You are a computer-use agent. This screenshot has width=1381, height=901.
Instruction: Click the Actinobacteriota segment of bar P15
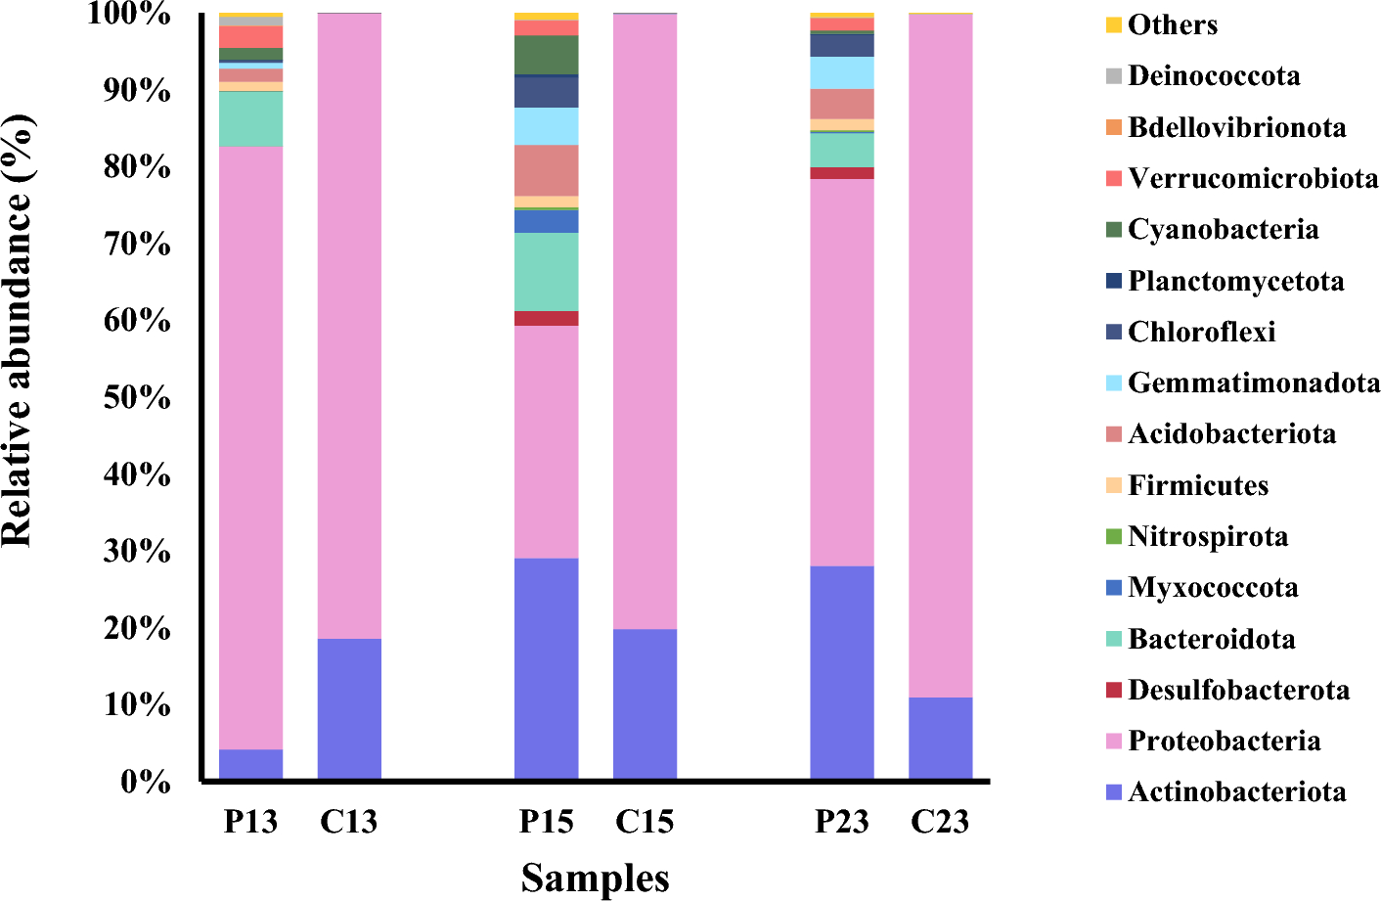coord(546,668)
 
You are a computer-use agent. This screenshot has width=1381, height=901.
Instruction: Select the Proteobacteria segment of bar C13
coord(349,326)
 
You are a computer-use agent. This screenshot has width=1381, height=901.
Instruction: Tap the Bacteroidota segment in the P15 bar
coord(546,271)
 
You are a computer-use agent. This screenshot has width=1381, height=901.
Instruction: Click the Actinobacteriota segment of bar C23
coord(940,738)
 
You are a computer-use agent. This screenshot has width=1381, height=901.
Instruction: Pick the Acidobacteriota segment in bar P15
coord(546,170)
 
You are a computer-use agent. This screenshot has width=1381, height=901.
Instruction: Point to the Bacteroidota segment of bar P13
coord(250,118)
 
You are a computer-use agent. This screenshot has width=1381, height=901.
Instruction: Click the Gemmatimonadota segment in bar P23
coord(841,72)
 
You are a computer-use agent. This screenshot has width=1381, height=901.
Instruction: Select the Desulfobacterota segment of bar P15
coord(546,318)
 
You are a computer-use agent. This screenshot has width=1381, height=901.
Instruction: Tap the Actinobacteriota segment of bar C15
coord(645,703)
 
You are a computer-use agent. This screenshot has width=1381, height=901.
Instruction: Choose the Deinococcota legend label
coord(1214,76)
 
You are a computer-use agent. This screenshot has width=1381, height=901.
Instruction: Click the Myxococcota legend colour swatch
coord(1114,588)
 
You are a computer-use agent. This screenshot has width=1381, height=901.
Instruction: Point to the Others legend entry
coord(1173,25)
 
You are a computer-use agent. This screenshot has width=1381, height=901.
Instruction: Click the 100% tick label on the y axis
coord(130,14)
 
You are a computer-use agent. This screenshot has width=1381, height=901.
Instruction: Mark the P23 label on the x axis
coord(841,822)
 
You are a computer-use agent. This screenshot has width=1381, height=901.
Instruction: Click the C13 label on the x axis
coord(349,822)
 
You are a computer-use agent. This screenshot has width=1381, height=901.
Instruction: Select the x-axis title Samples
coord(595,878)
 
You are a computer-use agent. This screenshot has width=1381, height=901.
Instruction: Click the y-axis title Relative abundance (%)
coord(18,330)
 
